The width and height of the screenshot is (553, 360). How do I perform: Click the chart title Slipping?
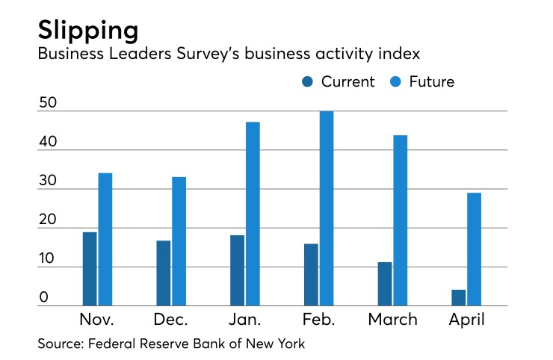pyautogui.click(x=88, y=30)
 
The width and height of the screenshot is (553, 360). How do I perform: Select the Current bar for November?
pyautogui.click(x=90, y=269)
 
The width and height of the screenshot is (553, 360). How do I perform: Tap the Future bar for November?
pyautogui.click(x=105, y=239)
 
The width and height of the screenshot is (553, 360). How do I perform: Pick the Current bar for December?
pyautogui.click(x=163, y=273)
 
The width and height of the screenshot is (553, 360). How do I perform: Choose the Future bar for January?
pyautogui.click(x=253, y=214)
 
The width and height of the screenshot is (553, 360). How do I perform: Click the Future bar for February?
pyautogui.click(x=326, y=208)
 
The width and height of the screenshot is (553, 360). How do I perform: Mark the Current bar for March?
pyautogui.click(x=384, y=284)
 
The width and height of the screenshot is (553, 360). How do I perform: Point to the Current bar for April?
pyautogui.click(x=458, y=297)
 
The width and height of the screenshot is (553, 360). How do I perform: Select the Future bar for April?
pyautogui.click(x=473, y=249)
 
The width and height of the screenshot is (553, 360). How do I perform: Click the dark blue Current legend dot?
pyautogui.click(x=309, y=82)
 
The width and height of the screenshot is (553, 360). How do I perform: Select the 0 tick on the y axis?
pyautogui.click(x=44, y=297)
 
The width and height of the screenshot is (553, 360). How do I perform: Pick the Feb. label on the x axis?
pyautogui.click(x=319, y=320)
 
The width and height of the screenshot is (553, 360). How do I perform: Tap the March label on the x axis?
pyautogui.click(x=393, y=320)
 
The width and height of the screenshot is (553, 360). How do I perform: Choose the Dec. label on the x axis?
pyautogui.click(x=171, y=320)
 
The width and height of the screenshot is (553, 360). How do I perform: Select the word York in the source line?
pyautogui.click(x=291, y=344)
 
